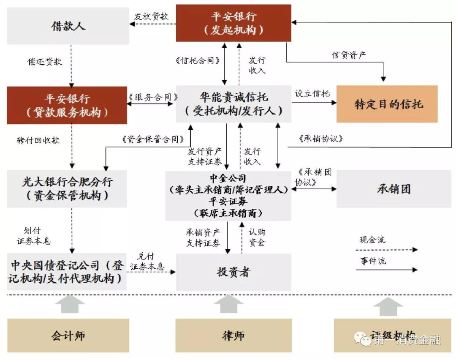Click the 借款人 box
tap(68, 26)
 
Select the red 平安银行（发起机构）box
tap(233, 23)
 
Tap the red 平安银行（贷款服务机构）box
tap(67, 105)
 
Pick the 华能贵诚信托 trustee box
tap(233, 104)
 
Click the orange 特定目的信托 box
tap(386, 104)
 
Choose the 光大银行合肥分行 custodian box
tap(67, 188)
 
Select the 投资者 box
tap(233, 272)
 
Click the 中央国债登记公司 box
tap(67, 272)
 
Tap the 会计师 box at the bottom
tap(68, 335)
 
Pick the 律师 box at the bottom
tap(233, 335)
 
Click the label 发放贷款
tap(152, 16)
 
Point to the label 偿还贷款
tap(45, 62)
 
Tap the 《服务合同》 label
tap(152, 97)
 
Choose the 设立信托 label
tap(312, 94)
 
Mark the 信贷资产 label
tap(349, 55)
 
